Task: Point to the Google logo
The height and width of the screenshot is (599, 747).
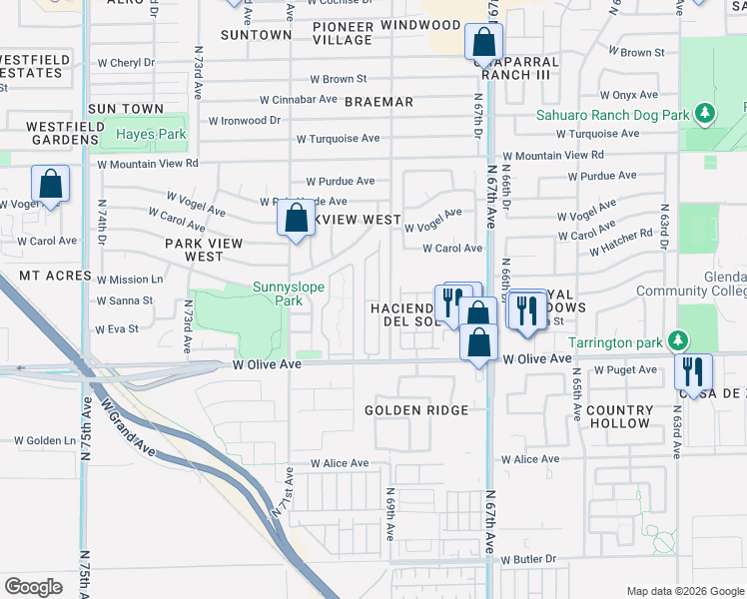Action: pyautogui.click(x=33, y=586)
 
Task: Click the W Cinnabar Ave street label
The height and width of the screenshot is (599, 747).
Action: pyautogui.click(x=299, y=100)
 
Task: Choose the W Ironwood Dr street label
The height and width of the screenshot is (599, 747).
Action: pyautogui.click(x=245, y=121)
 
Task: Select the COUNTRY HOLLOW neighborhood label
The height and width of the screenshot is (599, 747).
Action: pyautogui.click(x=619, y=417)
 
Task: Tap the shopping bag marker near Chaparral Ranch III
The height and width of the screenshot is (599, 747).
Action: pyautogui.click(x=483, y=43)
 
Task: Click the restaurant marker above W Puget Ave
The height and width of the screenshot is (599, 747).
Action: pyautogui.click(x=691, y=371)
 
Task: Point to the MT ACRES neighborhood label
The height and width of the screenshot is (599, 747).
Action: pyautogui.click(x=55, y=275)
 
